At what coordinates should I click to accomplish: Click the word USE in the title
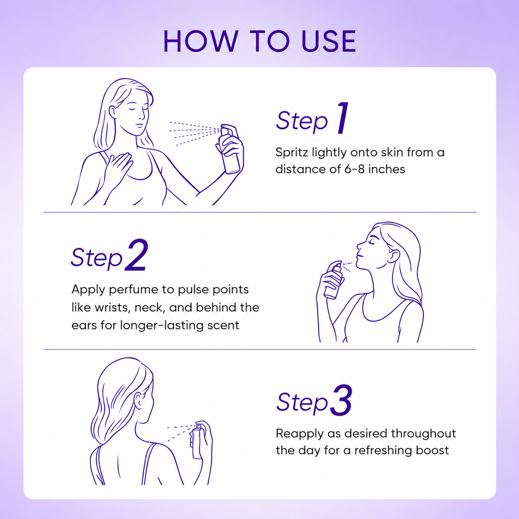coord(329,41)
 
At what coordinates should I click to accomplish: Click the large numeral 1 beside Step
coord(343,118)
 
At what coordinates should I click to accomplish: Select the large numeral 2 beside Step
coord(136,255)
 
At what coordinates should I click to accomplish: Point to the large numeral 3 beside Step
coord(341,400)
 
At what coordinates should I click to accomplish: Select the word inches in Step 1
coord(386,169)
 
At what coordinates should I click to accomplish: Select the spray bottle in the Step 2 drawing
coord(334,280)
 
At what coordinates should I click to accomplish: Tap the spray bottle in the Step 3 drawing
coord(198,440)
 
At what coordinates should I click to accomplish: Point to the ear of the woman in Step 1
coord(113,112)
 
